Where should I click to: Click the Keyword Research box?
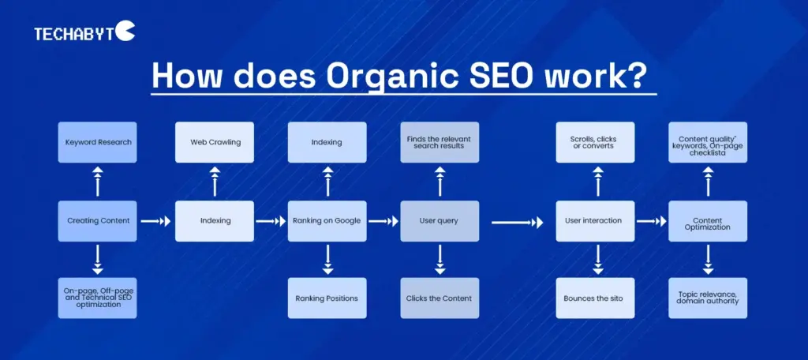97,142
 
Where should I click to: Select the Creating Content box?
97,221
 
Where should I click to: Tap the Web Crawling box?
215,142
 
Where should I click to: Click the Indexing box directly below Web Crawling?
215,221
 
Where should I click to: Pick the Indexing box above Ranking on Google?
327,142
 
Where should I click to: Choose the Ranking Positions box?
327,298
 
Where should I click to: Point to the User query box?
440,221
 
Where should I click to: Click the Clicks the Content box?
440,298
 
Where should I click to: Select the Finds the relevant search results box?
440,142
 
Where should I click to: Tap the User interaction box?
596,221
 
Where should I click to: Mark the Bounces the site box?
596,298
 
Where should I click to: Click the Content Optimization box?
708,221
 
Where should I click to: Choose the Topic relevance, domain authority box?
708,298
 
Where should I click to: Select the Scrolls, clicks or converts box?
596,142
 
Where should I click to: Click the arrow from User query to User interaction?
517,223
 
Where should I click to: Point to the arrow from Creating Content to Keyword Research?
98,182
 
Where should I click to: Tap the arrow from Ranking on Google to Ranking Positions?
327,259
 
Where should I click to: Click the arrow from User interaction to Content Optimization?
652,223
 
